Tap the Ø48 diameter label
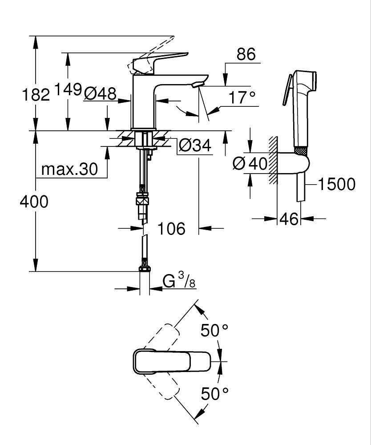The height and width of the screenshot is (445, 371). (100, 93)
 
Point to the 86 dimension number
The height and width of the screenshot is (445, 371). (246, 54)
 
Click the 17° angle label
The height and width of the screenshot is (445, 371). (243, 97)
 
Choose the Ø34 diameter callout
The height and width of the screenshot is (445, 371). (194, 145)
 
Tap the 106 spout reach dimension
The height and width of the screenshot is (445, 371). (171, 229)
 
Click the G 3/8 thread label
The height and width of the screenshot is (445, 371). (179, 281)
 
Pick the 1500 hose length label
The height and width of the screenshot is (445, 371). (335, 184)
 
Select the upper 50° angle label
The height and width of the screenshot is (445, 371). (214, 330)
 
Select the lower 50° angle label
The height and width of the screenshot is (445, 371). (214, 393)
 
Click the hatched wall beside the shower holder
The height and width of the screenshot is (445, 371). (273, 160)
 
